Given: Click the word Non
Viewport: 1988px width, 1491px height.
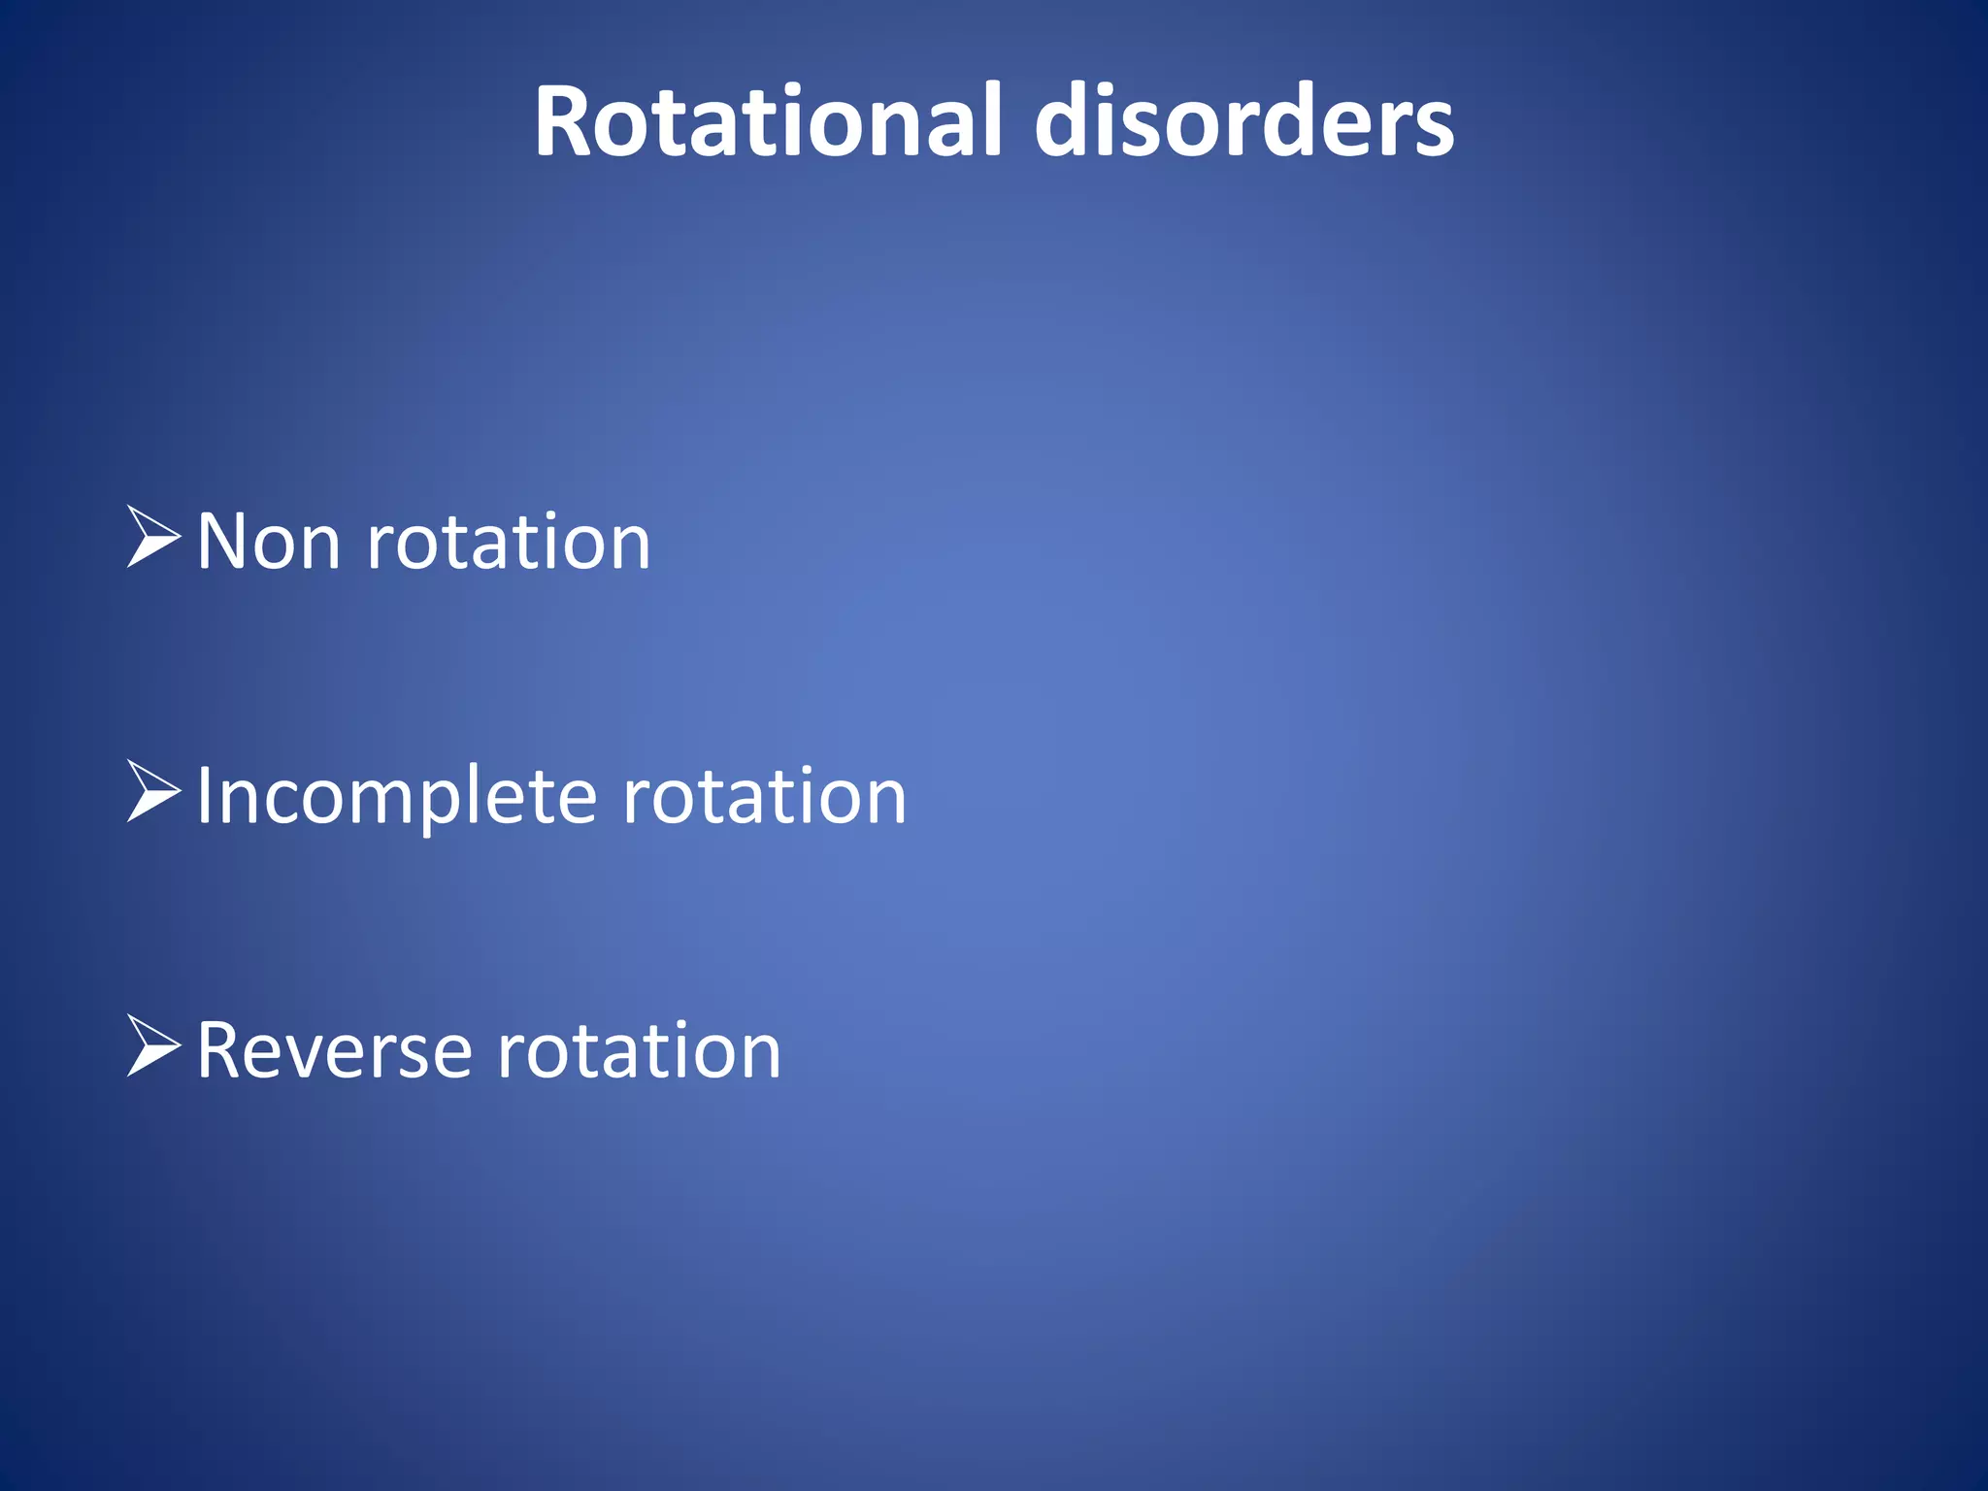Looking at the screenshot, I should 268,542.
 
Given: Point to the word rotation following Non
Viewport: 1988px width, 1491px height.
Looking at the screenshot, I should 508,542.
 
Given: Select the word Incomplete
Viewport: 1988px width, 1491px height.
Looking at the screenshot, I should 396,796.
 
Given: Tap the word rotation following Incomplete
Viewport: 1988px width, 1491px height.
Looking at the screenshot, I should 764,796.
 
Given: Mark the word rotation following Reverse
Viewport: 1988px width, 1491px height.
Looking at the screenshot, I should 639,1050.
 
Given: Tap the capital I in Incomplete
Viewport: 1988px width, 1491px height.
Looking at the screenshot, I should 203,796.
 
